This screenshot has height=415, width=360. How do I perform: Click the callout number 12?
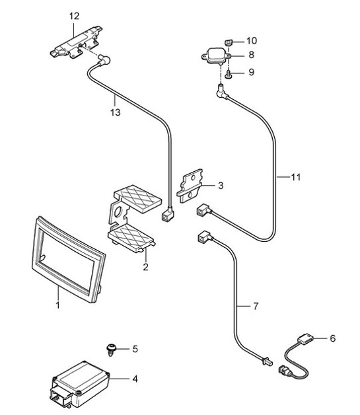tap(74, 16)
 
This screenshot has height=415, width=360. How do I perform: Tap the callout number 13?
tap(116, 112)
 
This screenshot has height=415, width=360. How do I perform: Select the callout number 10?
tap(252, 41)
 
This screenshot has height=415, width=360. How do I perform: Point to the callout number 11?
tap(296, 177)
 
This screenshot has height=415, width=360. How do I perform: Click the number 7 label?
tap(256, 306)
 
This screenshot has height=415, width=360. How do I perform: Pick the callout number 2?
tap(145, 267)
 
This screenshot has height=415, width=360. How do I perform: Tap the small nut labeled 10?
tap(229, 42)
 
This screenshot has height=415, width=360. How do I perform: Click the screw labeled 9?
tap(228, 75)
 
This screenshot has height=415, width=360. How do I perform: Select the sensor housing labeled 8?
tap(217, 56)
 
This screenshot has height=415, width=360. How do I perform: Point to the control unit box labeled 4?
tap(80, 384)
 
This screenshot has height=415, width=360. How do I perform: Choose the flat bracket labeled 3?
tap(190, 186)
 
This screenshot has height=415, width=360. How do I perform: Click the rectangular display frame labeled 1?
tap(68, 260)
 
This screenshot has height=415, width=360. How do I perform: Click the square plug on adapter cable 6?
tap(306, 339)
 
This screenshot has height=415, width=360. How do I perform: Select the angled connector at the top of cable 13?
tap(104, 60)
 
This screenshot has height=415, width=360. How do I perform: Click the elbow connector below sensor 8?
tap(222, 92)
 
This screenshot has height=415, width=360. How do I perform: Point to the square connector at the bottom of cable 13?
tap(167, 214)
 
